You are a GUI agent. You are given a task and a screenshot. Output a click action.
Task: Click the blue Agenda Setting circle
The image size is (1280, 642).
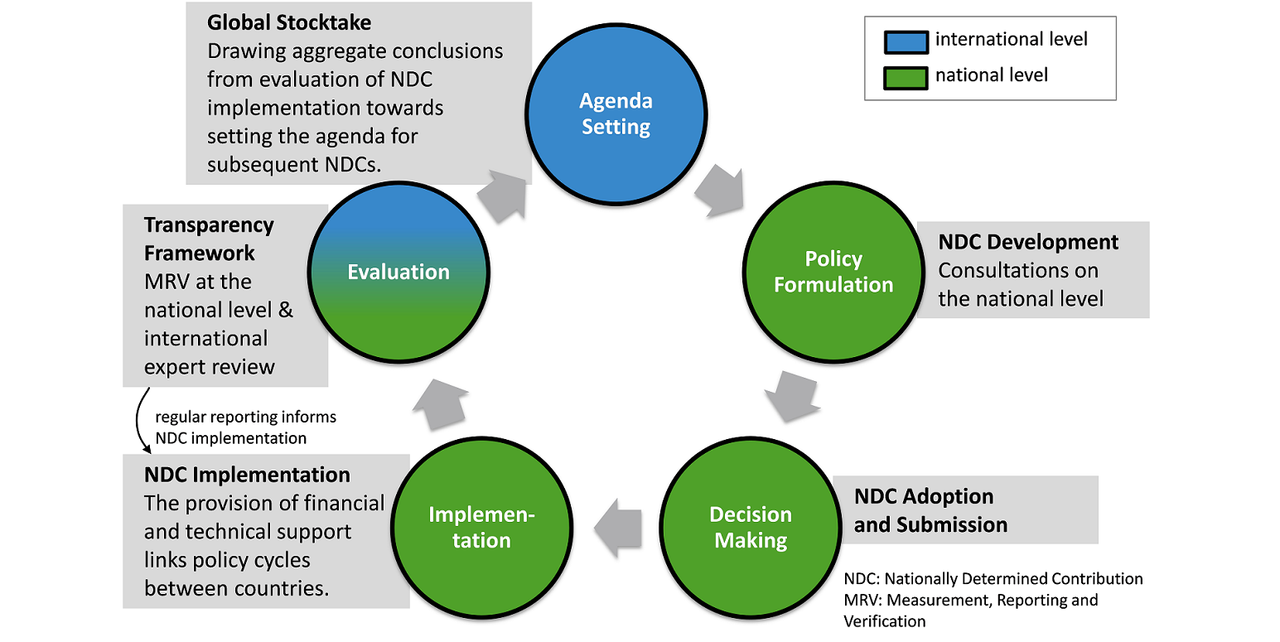616,113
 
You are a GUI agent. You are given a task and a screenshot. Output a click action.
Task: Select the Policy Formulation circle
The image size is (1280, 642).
833,271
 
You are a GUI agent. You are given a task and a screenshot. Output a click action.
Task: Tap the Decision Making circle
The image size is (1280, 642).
751,527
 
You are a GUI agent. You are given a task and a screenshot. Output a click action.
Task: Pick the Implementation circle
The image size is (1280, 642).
481,527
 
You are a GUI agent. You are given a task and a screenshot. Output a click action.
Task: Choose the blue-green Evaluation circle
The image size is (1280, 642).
398,271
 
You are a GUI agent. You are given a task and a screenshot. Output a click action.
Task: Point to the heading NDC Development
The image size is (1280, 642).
1028,242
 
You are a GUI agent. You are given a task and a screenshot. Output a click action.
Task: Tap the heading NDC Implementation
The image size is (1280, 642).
247,475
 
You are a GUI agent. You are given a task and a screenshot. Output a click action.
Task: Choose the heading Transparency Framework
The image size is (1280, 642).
209,239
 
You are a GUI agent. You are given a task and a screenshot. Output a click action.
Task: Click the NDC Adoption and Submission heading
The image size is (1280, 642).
930,510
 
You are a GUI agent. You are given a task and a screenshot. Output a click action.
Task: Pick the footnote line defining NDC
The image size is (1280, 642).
993,578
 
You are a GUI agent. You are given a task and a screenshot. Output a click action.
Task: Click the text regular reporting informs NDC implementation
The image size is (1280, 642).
245,427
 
